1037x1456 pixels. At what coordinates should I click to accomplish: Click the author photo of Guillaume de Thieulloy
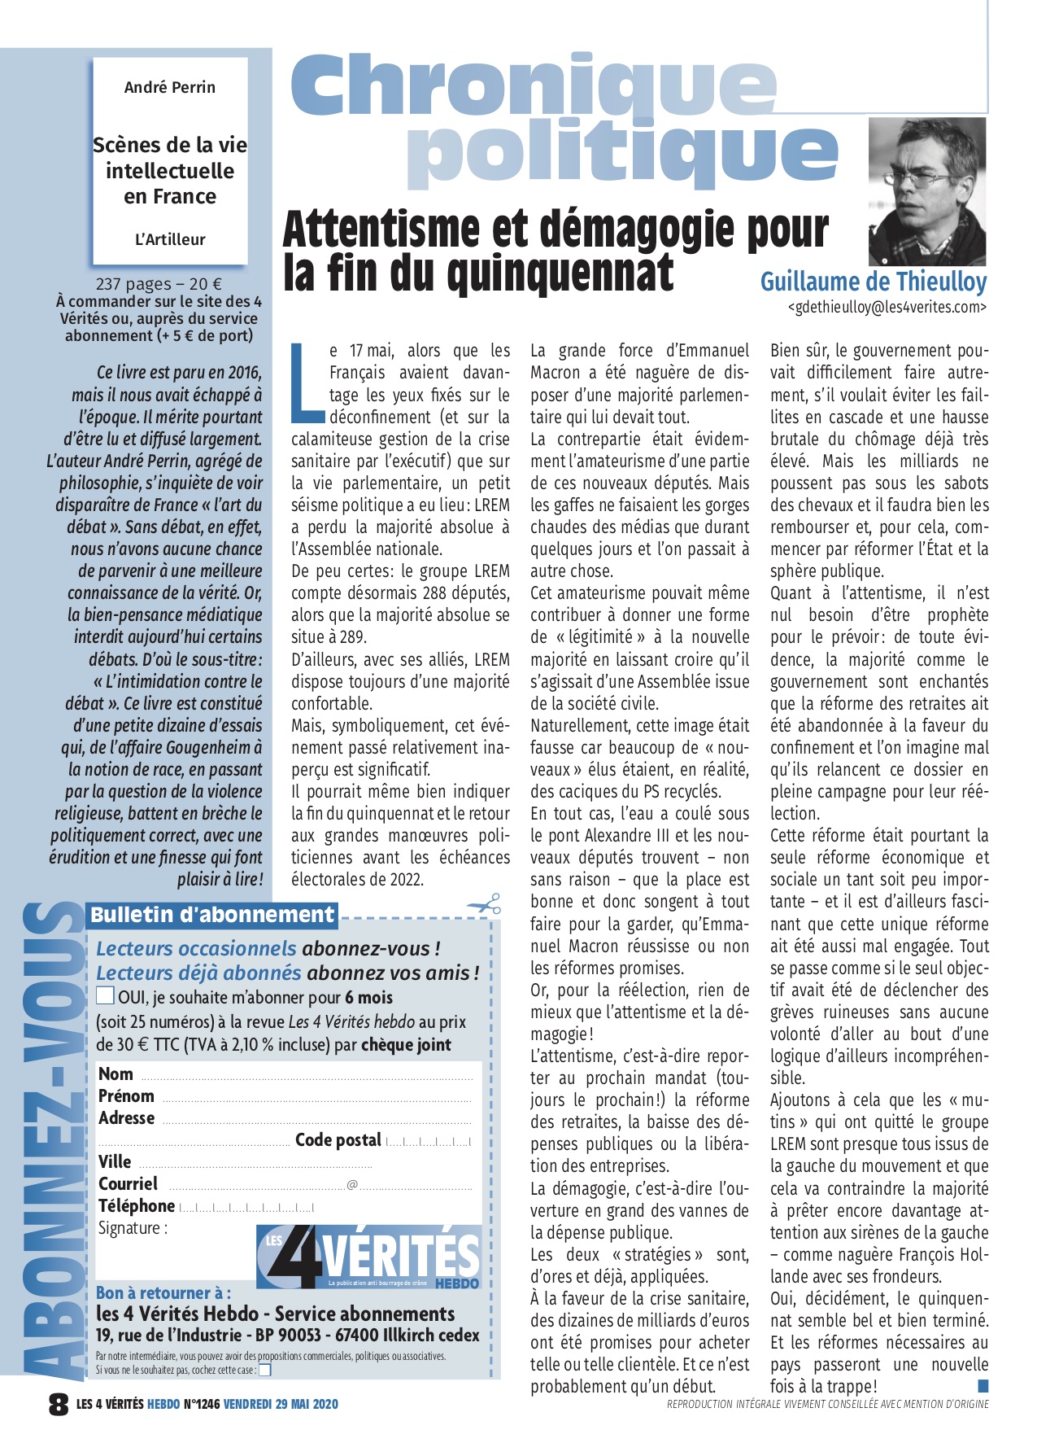pyautogui.click(x=927, y=191)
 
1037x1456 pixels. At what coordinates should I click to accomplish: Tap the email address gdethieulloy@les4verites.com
pyautogui.click(x=887, y=307)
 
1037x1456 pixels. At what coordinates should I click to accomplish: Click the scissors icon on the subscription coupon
pyautogui.click(x=484, y=904)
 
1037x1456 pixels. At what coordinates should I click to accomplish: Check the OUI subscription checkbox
pyautogui.click(x=105, y=995)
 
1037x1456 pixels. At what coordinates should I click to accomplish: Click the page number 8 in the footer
pyautogui.click(x=59, y=1404)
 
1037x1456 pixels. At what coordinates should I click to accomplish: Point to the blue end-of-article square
pyautogui.click(x=983, y=1385)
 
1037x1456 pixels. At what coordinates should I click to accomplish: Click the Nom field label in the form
pyautogui.click(x=115, y=1074)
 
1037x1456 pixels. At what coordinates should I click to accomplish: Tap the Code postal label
pyautogui.click(x=338, y=1140)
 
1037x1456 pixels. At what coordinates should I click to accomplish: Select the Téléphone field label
pyautogui.click(x=136, y=1206)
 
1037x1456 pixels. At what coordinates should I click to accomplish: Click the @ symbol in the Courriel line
pyautogui.click(x=352, y=1184)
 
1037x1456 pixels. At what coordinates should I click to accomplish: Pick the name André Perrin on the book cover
pyautogui.click(x=170, y=87)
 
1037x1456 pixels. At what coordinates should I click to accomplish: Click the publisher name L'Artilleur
pyautogui.click(x=170, y=240)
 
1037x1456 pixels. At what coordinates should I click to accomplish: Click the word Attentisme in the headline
pyautogui.click(x=382, y=230)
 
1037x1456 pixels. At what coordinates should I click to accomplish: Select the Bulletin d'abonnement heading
pyautogui.click(x=211, y=915)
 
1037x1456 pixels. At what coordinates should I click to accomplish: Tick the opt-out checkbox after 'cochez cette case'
pyautogui.click(x=264, y=1370)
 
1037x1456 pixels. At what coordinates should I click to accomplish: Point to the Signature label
pyautogui.click(x=133, y=1228)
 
